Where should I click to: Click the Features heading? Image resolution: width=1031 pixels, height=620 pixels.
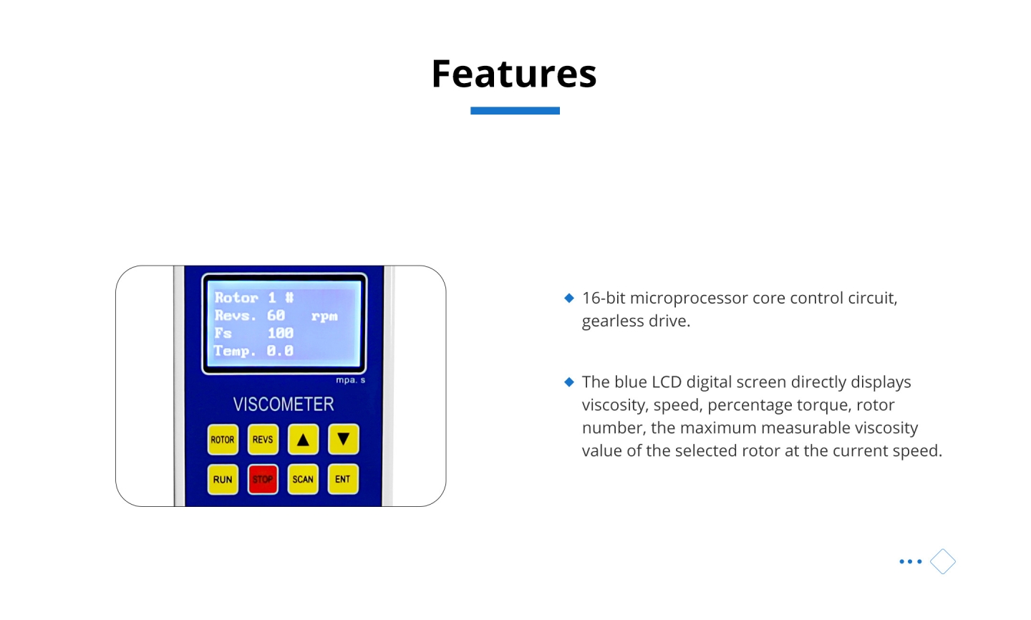pyautogui.click(x=514, y=73)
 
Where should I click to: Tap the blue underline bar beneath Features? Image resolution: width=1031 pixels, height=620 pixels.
pyautogui.click(x=515, y=110)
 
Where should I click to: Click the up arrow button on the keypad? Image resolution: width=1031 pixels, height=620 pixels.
pyautogui.click(x=303, y=440)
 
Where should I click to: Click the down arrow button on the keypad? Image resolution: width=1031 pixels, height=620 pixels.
pyautogui.click(x=344, y=439)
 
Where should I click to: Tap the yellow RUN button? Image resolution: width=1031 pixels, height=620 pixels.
pyautogui.click(x=223, y=479)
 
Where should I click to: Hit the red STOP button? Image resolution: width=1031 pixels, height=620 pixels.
pyautogui.click(x=263, y=479)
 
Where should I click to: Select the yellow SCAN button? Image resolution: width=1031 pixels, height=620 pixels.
pyautogui.click(x=303, y=479)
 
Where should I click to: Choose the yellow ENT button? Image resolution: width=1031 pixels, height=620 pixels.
pyautogui.click(x=343, y=479)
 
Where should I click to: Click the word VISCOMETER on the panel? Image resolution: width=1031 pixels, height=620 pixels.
pyautogui.click(x=284, y=404)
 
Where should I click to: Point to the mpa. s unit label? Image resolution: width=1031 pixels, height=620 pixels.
pyautogui.click(x=350, y=380)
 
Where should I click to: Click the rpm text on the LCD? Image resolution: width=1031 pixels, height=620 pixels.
pyautogui.click(x=324, y=316)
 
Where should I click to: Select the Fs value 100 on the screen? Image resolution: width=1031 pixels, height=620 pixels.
pyautogui.click(x=281, y=333)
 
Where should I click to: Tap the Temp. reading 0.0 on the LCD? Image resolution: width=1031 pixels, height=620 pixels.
pyautogui.click(x=280, y=351)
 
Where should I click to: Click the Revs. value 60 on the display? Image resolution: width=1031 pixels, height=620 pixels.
pyautogui.click(x=276, y=315)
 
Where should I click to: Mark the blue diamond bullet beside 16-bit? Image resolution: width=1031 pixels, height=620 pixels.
pyautogui.click(x=569, y=298)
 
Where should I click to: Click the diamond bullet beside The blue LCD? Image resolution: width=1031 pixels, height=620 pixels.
pyautogui.click(x=569, y=382)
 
